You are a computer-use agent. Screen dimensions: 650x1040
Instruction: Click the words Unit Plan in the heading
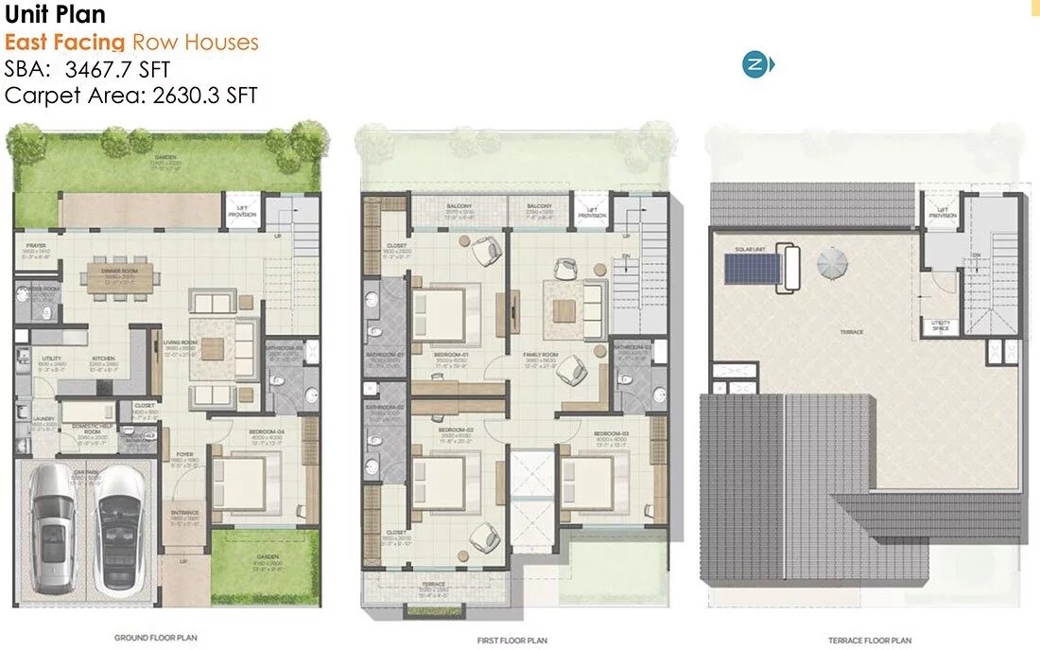[x=55, y=15]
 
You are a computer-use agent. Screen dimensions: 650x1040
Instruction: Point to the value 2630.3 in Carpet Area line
[x=184, y=95]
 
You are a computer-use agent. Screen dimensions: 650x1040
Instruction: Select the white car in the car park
[x=118, y=518]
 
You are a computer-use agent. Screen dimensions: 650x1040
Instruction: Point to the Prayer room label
[x=36, y=246]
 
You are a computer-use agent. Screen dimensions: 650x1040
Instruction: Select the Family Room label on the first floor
[x=542, y=355]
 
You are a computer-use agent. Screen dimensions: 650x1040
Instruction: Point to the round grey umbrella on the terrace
[x=834, y=263]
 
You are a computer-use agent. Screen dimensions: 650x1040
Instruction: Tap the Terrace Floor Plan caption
[x=869, y=641]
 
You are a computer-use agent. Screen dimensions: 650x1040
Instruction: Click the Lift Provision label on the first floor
[x=591, y=214]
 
